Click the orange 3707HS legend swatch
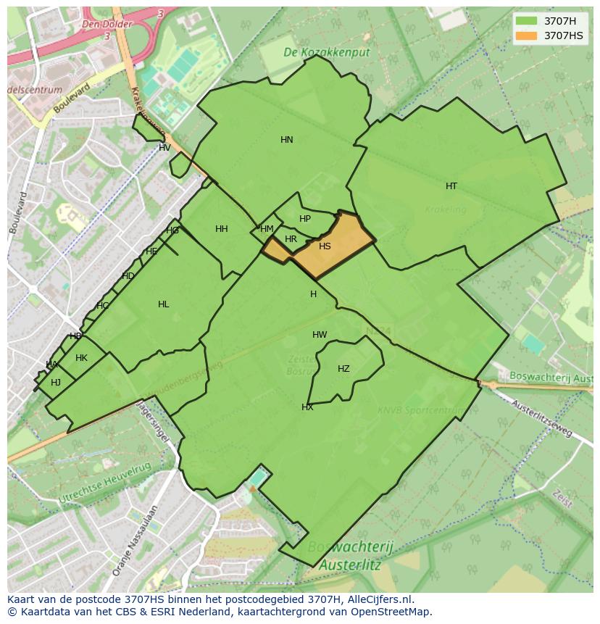527,36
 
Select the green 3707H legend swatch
527,21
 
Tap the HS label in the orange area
325,246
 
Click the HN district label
287,140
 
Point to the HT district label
451,186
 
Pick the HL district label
164,304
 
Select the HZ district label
343,369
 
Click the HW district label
320,335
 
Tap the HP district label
305,219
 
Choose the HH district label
222,229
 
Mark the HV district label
164,148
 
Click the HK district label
81,358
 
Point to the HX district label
307,407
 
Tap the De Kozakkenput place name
326,53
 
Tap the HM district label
267,229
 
